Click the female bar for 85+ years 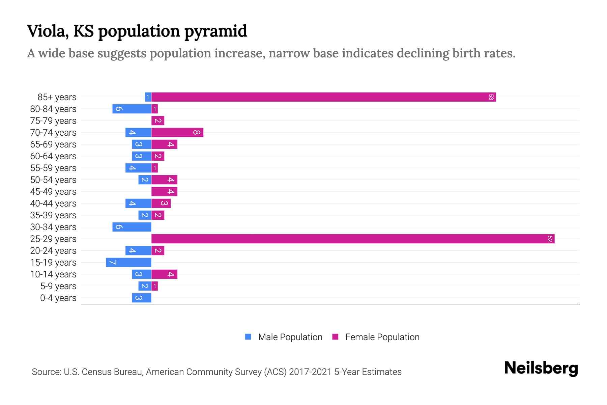[x=324, y=97]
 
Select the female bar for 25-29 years [x=353, y=239]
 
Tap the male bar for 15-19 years [x=128, y=263]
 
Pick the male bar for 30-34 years [x=132, y=227]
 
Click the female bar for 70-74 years [x=177, y=133]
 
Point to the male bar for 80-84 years [x=132, y=109]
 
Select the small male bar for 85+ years [x=148, y=97]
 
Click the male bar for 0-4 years [x=142, y=298]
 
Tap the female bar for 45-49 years [x=164, y=192]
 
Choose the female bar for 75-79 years [x=158, y=121]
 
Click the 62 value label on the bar [x=550, y=239]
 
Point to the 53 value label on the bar [x=491, y=97]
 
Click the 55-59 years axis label [x=53, y=168]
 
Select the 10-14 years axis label [x=53, y=274]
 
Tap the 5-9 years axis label [x=58, y=286]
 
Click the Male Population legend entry [x=290, y=337]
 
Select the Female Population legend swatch [x=335, y=337]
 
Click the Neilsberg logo [x=541, y=368]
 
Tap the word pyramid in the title [x=215, y=31]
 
